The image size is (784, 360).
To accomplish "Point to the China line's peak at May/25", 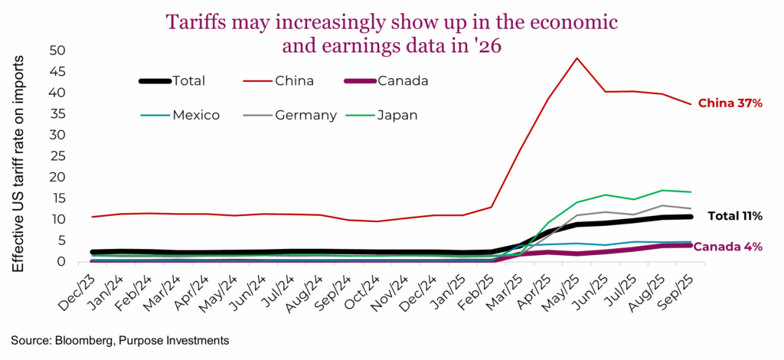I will click(x=577, y=57).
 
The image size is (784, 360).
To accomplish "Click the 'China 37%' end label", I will click(x=730, y=103).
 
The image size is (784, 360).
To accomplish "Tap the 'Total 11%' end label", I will click(x=733, y=217).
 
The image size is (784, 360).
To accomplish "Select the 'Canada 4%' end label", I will click(x=727, y=247).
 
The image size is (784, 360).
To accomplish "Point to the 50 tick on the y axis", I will click(x=58, y=51).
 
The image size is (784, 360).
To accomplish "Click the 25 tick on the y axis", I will click(x=58, y=156).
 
